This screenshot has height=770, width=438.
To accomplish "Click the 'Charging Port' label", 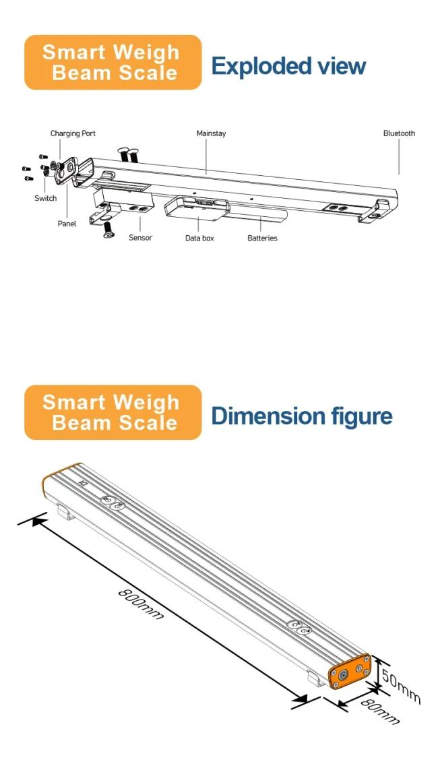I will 73,133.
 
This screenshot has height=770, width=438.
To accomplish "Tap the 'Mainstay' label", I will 211,133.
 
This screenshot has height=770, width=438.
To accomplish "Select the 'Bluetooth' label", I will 399,133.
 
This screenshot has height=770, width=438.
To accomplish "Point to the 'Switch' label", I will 46,198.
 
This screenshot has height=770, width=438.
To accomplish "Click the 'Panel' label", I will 67,224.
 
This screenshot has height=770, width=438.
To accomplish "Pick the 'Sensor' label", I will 140,238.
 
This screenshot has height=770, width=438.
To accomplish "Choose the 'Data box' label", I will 199,238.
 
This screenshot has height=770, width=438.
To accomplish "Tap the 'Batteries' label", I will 262,238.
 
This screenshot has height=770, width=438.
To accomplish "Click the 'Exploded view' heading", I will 288,66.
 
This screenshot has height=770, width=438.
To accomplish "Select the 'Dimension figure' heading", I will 301,416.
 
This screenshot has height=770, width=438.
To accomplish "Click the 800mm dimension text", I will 140,604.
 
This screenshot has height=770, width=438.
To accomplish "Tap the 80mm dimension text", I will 379,711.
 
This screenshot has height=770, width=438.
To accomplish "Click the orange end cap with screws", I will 349,672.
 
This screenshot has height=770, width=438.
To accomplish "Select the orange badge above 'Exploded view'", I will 113,62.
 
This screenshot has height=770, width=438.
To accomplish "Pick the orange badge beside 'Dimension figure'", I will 113,412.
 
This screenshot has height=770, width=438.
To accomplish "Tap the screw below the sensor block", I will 108,231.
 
